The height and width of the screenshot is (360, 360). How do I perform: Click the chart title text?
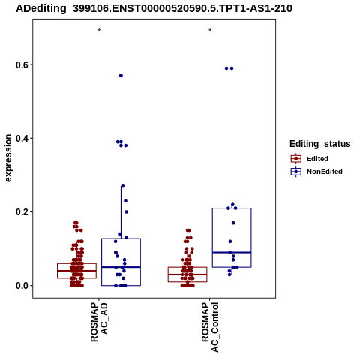[x=154, y=9]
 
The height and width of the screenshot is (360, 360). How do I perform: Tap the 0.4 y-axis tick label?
[x=21, y=138]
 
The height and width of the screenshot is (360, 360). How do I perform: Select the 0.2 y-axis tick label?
[x=21, y=211]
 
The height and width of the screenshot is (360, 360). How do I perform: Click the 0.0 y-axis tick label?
[x=21, y=285]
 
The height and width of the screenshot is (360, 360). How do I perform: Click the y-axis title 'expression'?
[x=8, y=158]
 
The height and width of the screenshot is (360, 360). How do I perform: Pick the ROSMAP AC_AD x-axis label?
[x=99, y=322]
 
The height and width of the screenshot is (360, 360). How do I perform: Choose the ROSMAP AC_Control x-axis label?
[x=210, y=327]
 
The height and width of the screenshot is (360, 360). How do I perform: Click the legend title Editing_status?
[x=320, y=144]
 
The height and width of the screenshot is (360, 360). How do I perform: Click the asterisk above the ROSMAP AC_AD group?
[x=99, y=31]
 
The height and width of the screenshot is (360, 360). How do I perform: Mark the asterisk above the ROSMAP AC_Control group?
[x=210, y=31]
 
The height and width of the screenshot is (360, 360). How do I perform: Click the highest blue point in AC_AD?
[x=121, y=76]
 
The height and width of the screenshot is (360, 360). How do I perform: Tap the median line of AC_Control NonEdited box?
[x=232, y=252]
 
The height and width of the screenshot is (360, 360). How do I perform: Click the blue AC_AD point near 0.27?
[x=123, y=186]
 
